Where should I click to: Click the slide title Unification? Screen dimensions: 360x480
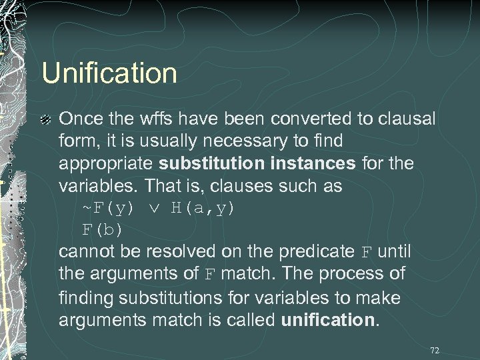coord(109,73)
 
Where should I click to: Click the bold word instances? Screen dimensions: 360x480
coord(313,163)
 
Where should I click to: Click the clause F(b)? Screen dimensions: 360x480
coord(102,230)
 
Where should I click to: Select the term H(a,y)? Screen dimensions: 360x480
coord(203,208)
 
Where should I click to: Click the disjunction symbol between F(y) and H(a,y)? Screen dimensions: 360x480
coord(153,209)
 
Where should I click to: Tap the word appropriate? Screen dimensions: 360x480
coord(107,164)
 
